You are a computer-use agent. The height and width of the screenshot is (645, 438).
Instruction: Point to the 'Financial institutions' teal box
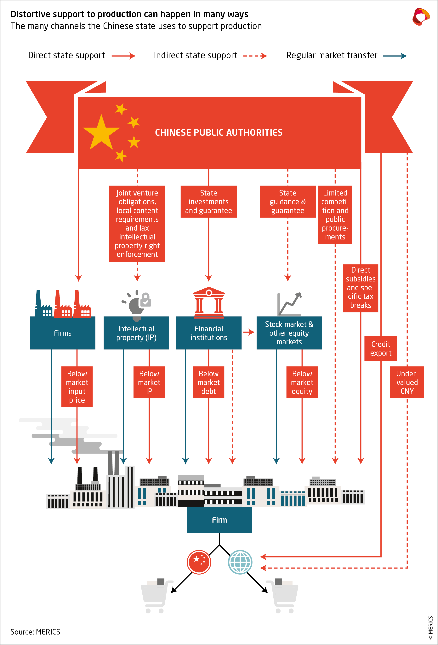[209, 333]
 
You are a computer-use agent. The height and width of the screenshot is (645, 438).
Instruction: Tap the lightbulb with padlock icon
[137, 305]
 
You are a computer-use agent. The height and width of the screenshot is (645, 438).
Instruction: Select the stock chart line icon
[289, 304]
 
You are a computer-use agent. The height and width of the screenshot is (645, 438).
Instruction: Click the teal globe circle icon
[240, 562]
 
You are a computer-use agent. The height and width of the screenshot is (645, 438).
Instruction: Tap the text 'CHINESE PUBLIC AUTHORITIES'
[219, 133]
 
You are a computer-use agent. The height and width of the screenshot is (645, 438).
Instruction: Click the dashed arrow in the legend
[255, 56]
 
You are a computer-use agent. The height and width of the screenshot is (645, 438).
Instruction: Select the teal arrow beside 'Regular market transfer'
[395, 56]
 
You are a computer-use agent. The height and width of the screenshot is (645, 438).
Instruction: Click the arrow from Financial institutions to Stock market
[249, 332]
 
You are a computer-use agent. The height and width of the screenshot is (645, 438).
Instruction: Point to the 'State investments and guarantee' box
[209, 202]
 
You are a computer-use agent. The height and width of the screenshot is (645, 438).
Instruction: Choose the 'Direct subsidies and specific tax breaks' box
[361, 288]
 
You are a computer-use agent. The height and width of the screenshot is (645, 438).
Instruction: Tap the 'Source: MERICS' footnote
[35, 632]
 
